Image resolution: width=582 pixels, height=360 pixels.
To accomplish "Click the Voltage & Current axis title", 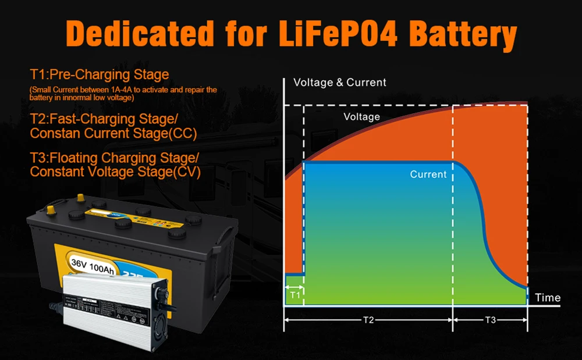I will (x=340, y=83).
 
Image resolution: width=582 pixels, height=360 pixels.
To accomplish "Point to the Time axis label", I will (x=547, y=298).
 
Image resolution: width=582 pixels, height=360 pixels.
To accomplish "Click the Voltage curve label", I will (x=361, y=117).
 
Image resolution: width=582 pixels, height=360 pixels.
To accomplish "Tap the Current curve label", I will (x=428, y=174).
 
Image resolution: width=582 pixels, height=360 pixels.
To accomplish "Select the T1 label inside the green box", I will (x=294, y=295).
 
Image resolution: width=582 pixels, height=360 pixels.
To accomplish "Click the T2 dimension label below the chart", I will (x=368, y=320).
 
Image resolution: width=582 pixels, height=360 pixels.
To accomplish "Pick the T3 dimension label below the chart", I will (x=490, y=320).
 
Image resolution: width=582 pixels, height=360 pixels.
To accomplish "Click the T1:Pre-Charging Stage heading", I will (x=100, y=74).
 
